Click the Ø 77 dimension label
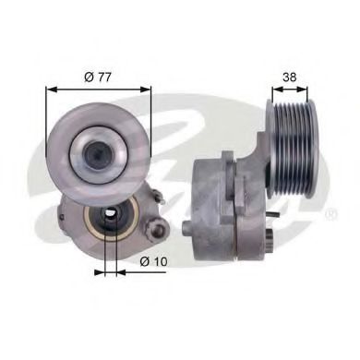98,75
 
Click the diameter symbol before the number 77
87,75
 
